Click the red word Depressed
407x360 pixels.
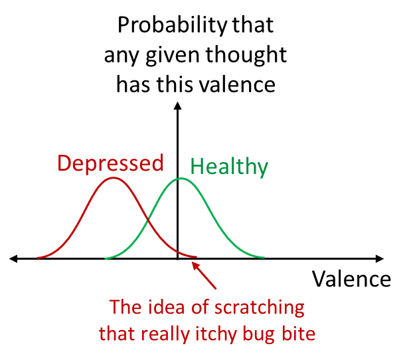pyautogui.click(x=110, y=163)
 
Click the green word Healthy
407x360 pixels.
pyautogui.click(x=229, y=167)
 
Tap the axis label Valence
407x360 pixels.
pyautogui.click(x=351, y=279)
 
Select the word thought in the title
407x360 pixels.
pyautogui.click(x=246, y=54)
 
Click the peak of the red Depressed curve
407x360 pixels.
pyautogui.click(x=113, y=177)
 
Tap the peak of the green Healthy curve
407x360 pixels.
pyautogui.click(x=181, y=179)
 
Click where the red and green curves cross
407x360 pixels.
pyautogui.click(x=148, y=221)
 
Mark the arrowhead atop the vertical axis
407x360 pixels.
pyautogui.click(x=177, y=106)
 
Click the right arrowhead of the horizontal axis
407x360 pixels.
pyautogui.click(x=380, y=258)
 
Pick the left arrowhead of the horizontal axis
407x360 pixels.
pyautogui.click(x=13, y=258)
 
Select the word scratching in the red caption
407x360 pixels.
pyautogui.click(x=260, y=308)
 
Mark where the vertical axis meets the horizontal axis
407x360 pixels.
pyautogui.click(x=177, y=258)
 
